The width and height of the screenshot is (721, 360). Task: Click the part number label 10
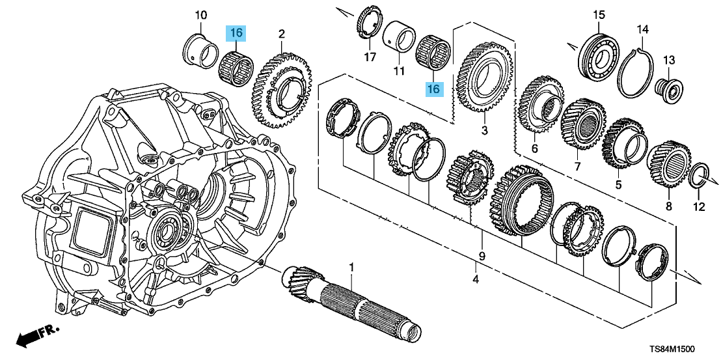200,14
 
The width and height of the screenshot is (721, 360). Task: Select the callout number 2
282,33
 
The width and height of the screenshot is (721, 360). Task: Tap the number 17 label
370,58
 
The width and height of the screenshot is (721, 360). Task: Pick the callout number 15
599,14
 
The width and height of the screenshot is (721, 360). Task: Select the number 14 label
642,29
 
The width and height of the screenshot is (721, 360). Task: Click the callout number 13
670,60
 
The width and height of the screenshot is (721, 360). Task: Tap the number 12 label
698,208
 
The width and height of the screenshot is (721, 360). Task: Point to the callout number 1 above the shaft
351,268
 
